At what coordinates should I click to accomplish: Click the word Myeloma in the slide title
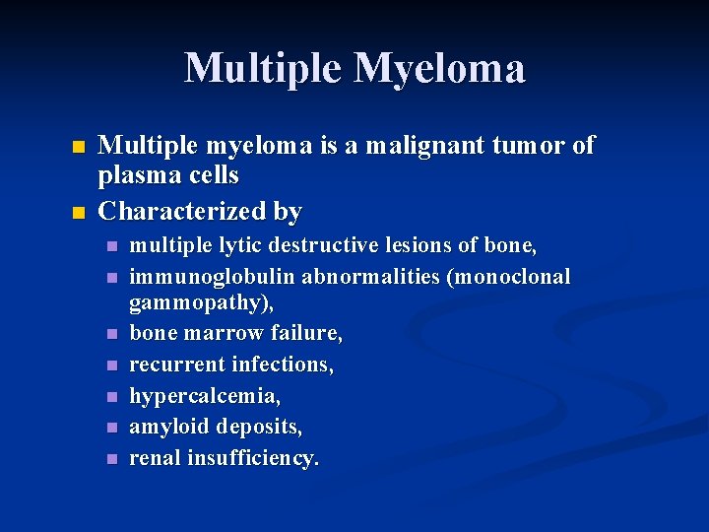[x=440, y=68]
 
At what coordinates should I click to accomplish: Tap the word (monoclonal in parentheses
[x=508, y=277]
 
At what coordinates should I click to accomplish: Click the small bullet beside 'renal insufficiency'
[x=112, y=459]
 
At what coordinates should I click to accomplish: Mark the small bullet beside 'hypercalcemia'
[x=112, y=397]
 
